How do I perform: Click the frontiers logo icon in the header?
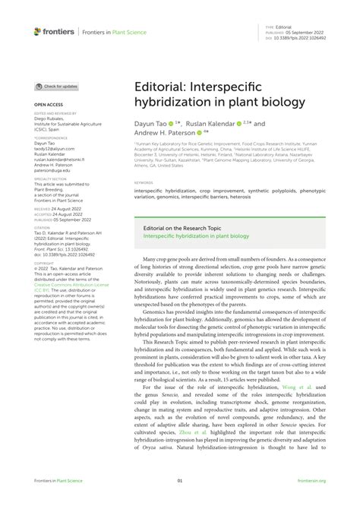[x=37, y=31]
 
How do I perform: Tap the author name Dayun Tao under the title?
[x=151, y=123]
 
